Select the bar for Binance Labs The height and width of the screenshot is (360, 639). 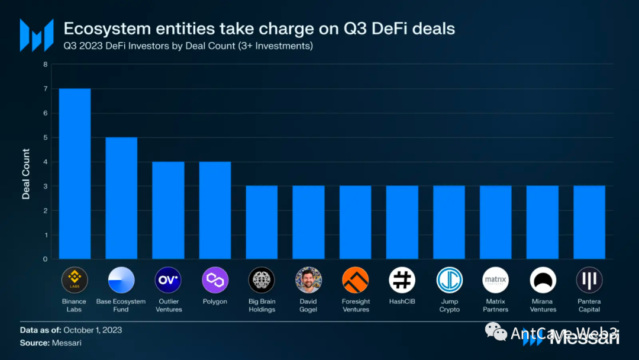(75, 173)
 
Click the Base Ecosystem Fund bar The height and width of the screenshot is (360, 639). (121, 198)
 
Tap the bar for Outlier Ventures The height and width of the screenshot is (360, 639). (168, 210)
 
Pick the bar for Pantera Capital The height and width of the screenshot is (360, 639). (589, 222)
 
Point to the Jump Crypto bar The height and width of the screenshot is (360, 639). (449, 222)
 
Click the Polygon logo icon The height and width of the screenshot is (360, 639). (215, 280)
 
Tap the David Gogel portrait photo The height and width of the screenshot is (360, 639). (308, 280)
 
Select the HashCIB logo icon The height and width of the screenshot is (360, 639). (402, 280)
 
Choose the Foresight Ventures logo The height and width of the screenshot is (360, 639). (355, 280)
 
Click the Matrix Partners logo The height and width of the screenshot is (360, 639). (496, 280)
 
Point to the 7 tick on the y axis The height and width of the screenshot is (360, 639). (45, 89)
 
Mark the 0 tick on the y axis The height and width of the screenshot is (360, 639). (45, 259)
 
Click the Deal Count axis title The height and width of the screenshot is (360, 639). (26, 173)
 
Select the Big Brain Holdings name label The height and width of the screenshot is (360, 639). (262, 306)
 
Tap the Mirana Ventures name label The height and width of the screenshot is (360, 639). (543, 306)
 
